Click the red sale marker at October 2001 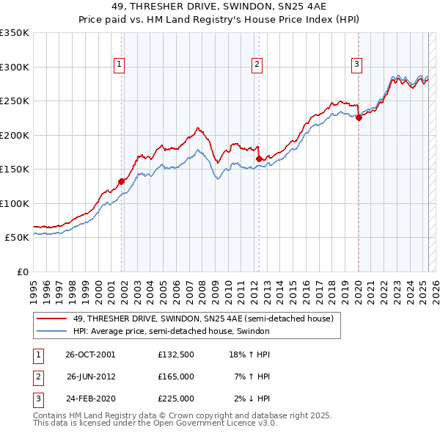(121, 181)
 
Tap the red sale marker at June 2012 (259, 159)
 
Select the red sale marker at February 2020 (359, 118)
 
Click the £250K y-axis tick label (14, 101)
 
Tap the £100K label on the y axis (14, 203)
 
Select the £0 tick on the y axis (21, 272)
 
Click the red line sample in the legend (51, 319)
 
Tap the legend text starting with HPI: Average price (172, 331)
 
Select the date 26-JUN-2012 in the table (90, 376)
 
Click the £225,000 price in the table (176, 399)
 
